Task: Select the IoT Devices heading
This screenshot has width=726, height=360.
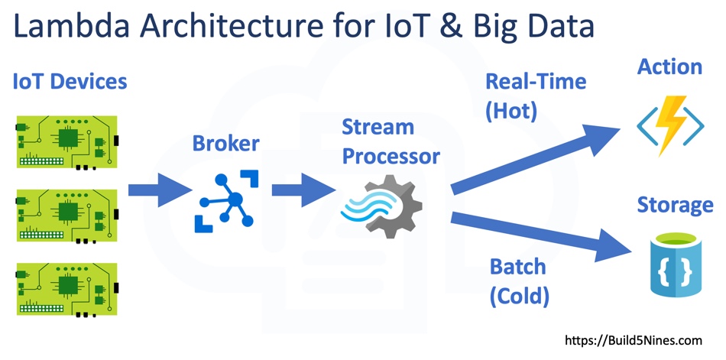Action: point(69,81)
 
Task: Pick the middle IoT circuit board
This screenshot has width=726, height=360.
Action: point(66,214)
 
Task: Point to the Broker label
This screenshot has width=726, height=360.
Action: point(225,143)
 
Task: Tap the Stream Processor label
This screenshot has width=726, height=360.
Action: point(391,141)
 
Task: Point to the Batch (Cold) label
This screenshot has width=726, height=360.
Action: point(519,281)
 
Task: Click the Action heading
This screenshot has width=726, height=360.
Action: point(669,66)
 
